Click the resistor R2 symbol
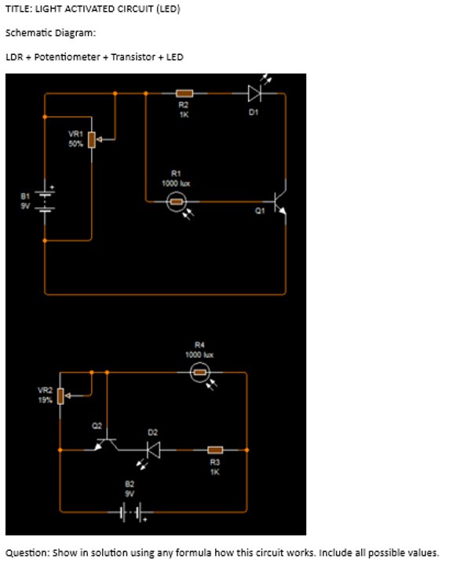184,93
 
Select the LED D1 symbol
254,93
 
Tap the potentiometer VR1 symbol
93,140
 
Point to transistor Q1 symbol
279,202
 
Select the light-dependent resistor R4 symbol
200,372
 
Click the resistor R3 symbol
215,450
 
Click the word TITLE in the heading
17,9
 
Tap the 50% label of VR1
75,144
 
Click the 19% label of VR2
45,399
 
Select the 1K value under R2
184,113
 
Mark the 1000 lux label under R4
199,354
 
